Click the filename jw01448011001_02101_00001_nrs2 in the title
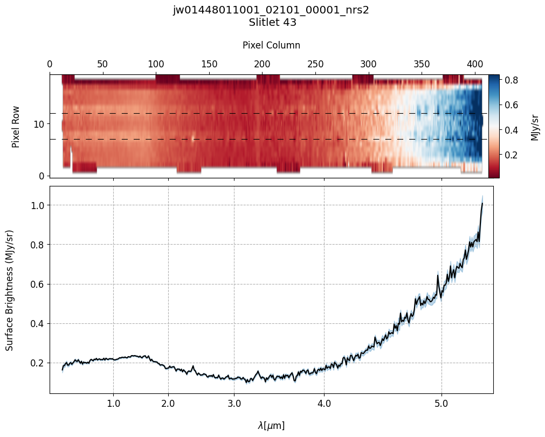(x=271, y=10)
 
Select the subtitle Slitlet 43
(x=272, y=23)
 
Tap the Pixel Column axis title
(x=271, y=45)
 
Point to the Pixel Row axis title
(x=16, y=126)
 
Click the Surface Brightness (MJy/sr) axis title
(x=9, y=290)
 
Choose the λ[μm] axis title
(x=271, y=426)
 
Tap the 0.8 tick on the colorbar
(x=512, y=80)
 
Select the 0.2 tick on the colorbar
(x=512, y=155)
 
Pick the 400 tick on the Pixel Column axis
(x=474, y=64)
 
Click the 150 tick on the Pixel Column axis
(x=209, y=64)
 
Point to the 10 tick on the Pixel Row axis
(x=39, y=124)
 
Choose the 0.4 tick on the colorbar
(x=512, y=130)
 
